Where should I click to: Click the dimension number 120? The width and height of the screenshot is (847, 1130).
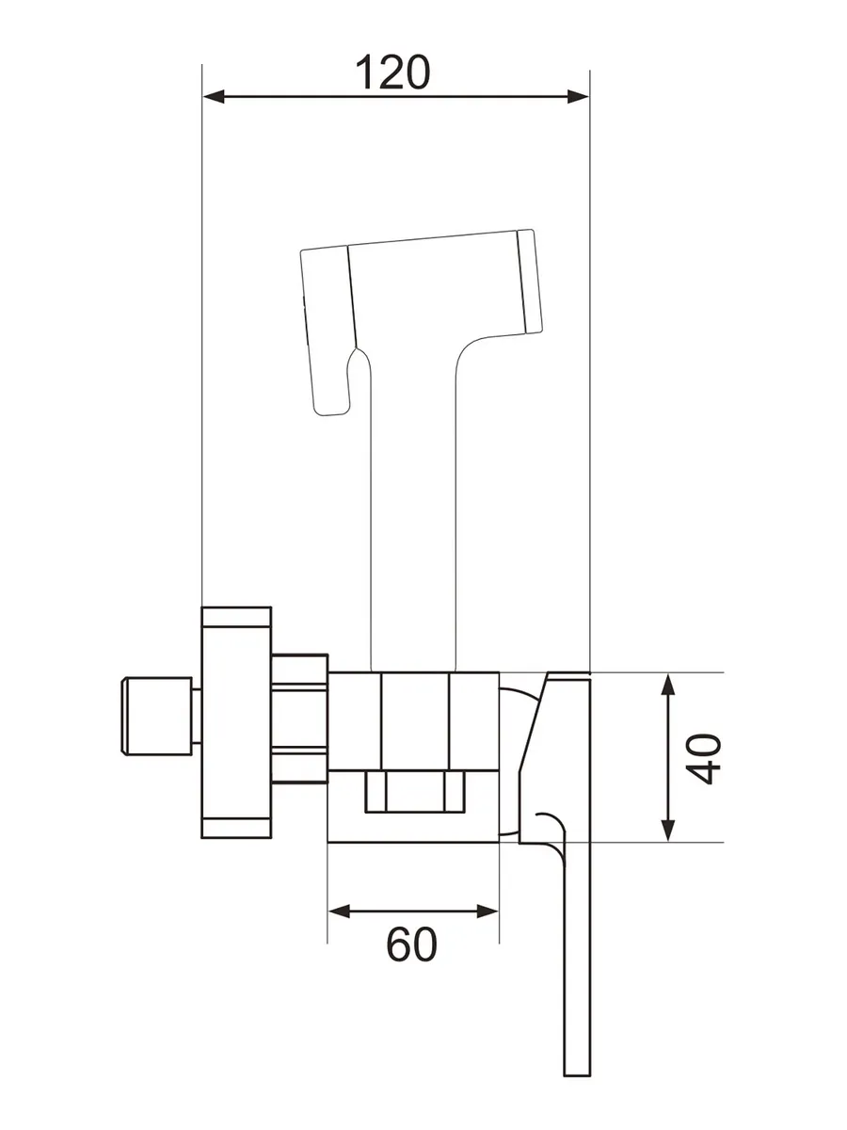[393, 72]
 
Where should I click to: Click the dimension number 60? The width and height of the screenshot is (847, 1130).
[412, 944]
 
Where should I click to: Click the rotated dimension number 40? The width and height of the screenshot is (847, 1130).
[704, 758]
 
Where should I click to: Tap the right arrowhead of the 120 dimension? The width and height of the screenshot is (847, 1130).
[578, 96]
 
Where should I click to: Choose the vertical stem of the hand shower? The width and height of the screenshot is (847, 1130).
[415, 527]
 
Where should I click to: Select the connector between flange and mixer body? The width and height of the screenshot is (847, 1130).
[299, 718]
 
